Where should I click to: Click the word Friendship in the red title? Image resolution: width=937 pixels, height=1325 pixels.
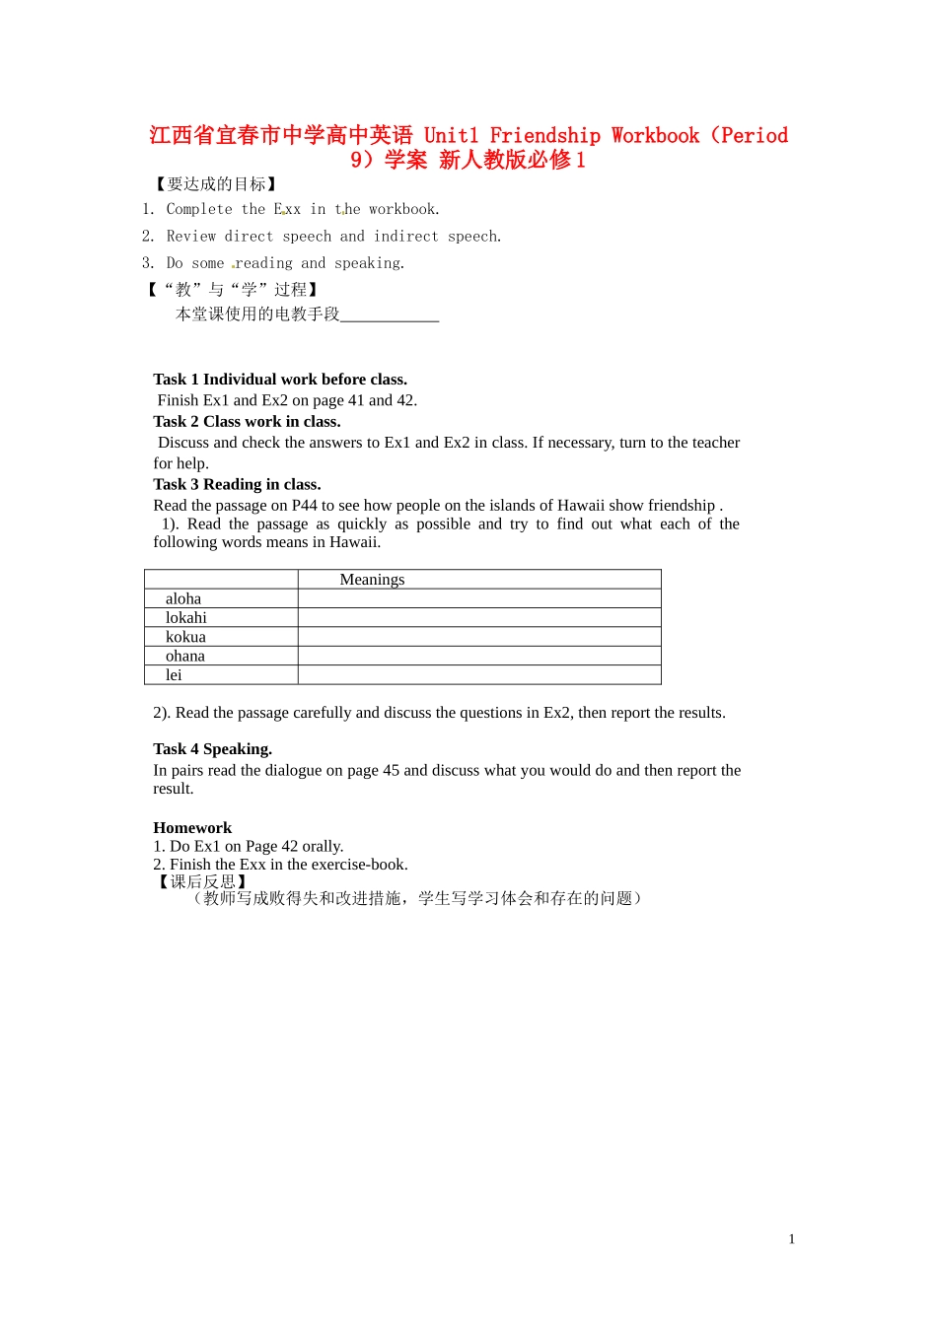544,136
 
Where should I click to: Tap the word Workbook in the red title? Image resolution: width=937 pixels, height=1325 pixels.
655,136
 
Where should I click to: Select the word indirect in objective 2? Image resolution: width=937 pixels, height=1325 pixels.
405,237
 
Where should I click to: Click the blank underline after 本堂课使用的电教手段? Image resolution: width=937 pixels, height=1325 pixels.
390,314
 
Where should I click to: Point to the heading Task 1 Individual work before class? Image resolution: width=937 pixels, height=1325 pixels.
280,380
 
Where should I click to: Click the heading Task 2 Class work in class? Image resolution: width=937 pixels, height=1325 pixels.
247,422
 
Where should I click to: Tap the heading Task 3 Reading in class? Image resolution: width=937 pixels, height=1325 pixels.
237,484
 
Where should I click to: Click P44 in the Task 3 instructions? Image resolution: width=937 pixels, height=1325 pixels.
305,505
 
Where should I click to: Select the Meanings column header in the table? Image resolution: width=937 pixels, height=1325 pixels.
372,580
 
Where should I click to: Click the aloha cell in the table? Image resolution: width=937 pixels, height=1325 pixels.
183,598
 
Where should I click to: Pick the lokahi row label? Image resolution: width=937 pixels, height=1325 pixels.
186,618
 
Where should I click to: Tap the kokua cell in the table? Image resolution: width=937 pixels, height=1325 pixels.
185,637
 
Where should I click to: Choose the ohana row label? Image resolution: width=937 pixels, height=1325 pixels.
185,656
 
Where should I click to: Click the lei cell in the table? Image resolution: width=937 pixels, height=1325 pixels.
174,675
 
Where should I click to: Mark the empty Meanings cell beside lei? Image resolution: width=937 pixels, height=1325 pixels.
479,675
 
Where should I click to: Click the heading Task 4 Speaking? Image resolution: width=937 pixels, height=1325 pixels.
212,749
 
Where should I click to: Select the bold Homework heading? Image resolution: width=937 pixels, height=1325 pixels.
192,828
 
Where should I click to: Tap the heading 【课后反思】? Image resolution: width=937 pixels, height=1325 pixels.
202,881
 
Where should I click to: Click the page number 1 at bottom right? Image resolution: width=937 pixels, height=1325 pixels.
791,1239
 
